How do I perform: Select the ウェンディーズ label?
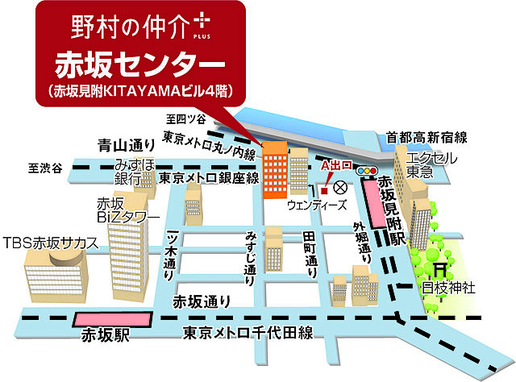(313, 206)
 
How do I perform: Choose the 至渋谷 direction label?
(44, 168)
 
